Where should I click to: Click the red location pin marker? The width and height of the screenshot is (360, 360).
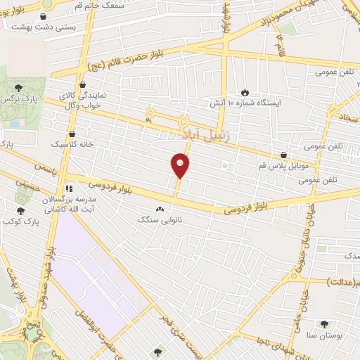181,165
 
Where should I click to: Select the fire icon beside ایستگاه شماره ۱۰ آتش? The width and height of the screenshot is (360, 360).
244,92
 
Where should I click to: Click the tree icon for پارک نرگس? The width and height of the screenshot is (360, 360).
18,87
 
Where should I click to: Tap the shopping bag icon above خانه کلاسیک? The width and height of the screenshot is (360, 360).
72,132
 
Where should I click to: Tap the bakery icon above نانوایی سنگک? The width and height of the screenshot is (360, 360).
160,209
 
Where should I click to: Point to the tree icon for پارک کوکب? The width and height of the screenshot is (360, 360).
20,210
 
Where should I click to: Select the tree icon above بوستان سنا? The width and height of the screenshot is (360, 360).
323,324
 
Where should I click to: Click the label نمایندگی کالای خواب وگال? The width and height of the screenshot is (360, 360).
79,98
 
